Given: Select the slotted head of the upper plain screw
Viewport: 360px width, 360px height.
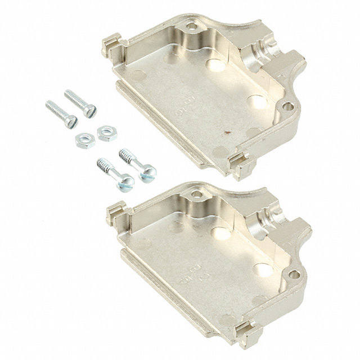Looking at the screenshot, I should [89, 111].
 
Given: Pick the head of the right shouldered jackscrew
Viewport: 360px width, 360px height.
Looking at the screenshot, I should [148, 174].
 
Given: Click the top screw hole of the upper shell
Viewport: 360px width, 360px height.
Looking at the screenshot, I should [192, 25].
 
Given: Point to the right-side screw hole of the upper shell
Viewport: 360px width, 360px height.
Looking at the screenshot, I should [287, 106].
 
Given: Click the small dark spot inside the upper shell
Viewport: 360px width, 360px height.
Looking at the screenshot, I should [228, 134].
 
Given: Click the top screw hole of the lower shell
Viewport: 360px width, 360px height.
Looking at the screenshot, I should [196, 194].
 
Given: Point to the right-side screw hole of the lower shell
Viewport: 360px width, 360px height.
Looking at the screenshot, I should [293, 274].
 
